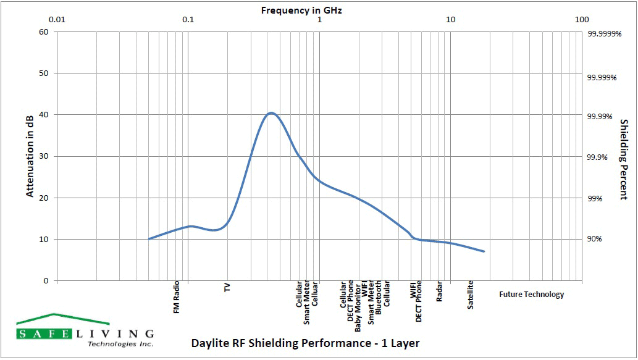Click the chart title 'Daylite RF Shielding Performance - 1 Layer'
[306, 343]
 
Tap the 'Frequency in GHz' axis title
[301, 10]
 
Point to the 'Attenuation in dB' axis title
[30, 156]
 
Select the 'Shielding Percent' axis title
[623, 159]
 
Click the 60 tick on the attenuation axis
[43, 32]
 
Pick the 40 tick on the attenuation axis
[43, 115]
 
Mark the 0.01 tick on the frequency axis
[57, 19]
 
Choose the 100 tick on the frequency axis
[582, 19]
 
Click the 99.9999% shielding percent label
[603, 35]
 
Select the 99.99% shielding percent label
[599, 117]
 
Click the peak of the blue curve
[271, 113]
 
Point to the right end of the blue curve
[485, 251]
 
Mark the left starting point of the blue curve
[149, 238]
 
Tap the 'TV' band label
[227, 288]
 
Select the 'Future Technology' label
[531, 295]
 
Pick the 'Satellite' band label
[471, 295]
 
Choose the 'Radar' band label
[439, 292]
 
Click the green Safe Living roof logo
[62, 319]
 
